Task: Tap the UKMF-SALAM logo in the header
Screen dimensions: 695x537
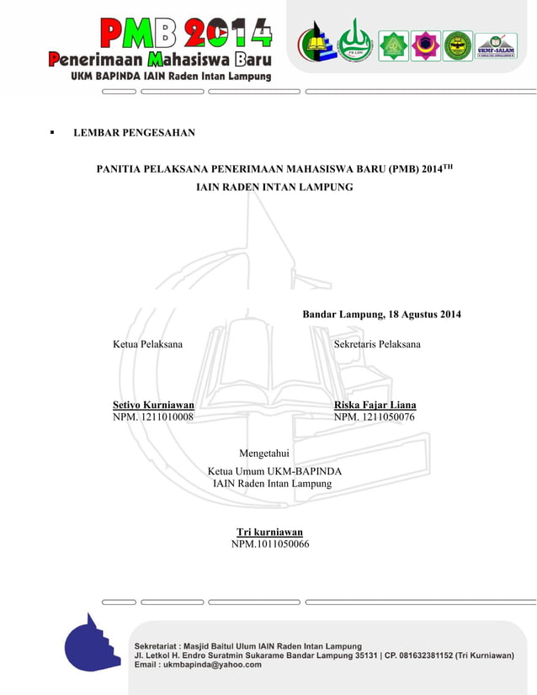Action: click(497, 45)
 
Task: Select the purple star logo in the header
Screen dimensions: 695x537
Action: click(425, 45)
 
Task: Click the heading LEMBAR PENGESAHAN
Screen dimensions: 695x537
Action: click(135, 133)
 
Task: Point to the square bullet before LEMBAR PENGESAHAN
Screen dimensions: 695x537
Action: click(52, 133)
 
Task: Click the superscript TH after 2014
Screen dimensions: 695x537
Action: click(448, 166)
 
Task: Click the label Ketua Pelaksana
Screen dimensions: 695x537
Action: click(148, 344)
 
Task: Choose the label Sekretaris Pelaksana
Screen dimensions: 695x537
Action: click(377, 344)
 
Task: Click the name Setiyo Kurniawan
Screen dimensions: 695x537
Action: click(154, 405)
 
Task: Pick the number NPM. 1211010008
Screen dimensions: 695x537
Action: click(153, 417)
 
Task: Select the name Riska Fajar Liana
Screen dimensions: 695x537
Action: click(375, 405)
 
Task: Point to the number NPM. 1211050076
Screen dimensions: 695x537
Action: click(374, 417)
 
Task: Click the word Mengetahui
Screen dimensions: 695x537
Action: click(264, 454)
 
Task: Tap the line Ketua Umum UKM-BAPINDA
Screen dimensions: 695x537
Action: click(274, 471)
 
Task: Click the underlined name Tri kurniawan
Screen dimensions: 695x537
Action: click(269, 532)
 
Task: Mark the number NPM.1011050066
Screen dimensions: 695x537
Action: click(270, 544)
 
